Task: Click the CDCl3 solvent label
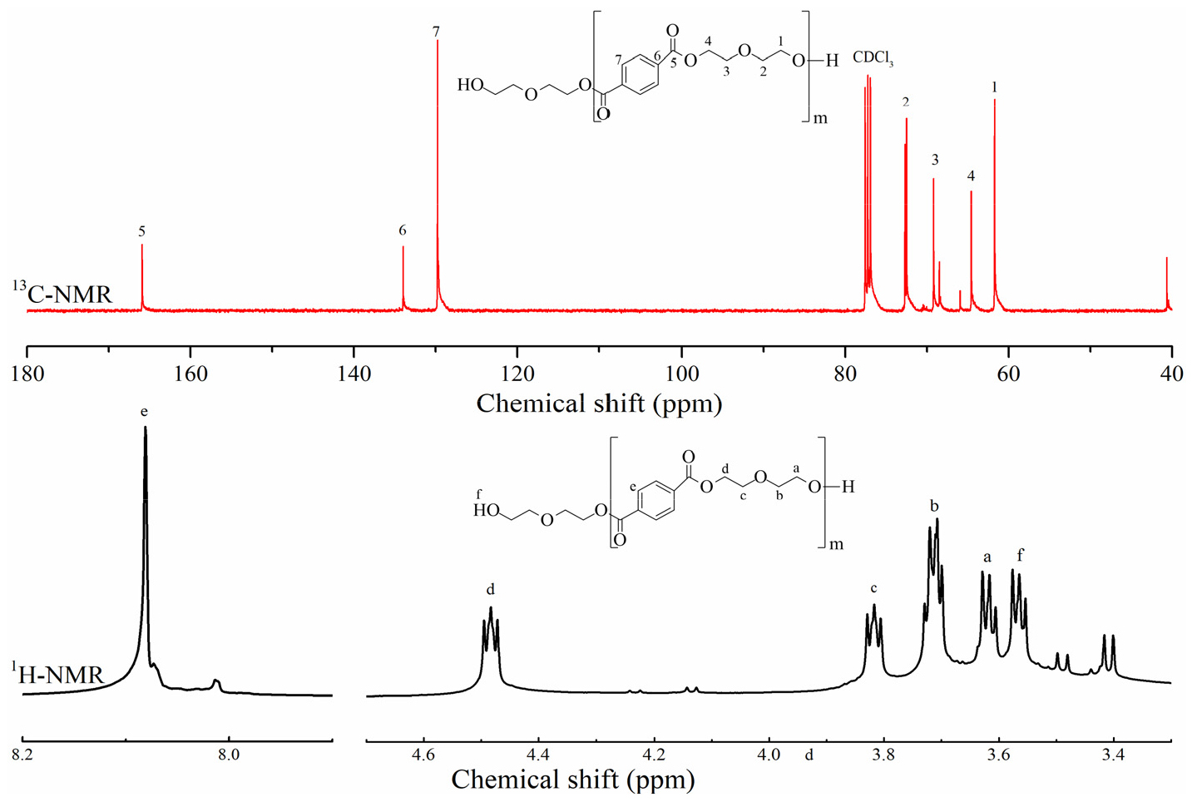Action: pyautogui.click(x=873, y=58)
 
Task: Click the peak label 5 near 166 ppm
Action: pyautogui.click(x=142, y=231)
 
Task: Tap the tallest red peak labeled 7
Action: pyautogui.click(x=438, y=166)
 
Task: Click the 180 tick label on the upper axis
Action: pyautogui.click(x=27, y=374)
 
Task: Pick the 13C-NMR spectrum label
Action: pyautogui.click(x=62, y=293)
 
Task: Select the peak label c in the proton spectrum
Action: pyautogui.click(x=873, y=588)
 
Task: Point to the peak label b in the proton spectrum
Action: pyautogui.click(x=934, y=506)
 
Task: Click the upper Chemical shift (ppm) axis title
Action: pyautogui.click(x=599, y=403)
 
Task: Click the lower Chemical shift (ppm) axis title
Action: pyautogui.click(x=573, y=780)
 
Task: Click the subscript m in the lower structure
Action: pyautogui.click(x=836, y=545)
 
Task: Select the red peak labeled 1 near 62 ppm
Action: pyautogui.click(x=994, y=208)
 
